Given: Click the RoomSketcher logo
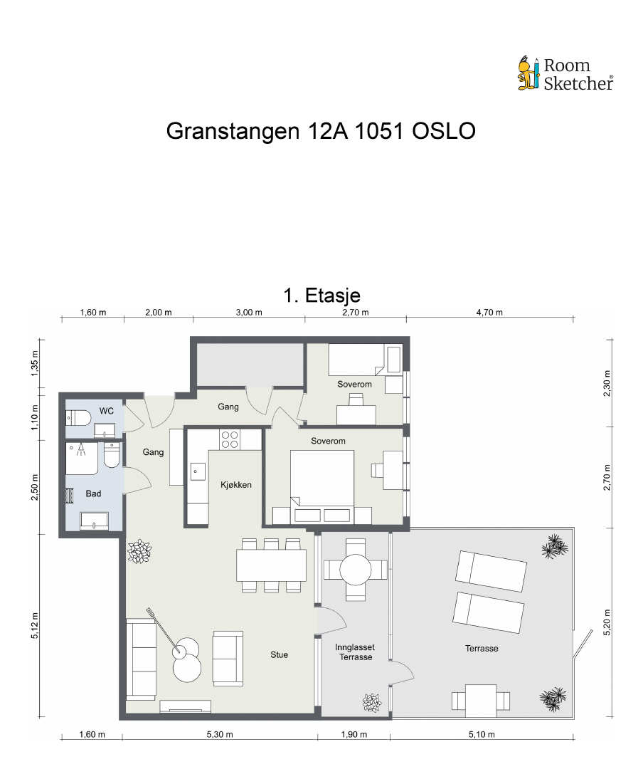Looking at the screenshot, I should tap(565, 74).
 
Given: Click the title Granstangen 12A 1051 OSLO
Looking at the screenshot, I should tap(321, 132).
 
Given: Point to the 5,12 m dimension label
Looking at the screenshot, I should tap(34, 626).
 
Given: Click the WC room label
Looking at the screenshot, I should tap(107, 411).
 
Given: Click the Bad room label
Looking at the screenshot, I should tap(93, 493).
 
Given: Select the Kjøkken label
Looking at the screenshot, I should tap(236, 485).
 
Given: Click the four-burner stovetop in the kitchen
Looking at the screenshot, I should tap(230, 439).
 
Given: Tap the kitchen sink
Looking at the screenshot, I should tap(198, 471).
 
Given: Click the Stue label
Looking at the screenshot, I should tap(280, 654).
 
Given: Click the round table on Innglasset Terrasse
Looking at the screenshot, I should tap(355, 570).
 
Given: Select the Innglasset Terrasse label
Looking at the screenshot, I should tap(355, 652).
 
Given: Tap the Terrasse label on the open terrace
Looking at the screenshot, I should tap(482, 648).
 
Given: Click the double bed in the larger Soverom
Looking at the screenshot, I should tap(322, 479).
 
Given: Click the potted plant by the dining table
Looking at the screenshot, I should tap(139, 552).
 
